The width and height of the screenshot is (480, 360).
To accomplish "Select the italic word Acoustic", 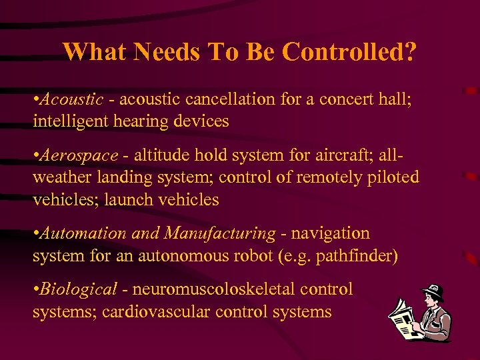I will (x=71, y=99).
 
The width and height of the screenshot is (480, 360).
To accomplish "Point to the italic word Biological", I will (x=79, y=289).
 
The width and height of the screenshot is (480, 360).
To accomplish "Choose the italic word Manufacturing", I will (x=219, y=233).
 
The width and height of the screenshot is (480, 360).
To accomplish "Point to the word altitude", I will (x=161, y=155).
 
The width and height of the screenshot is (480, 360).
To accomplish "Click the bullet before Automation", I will (x=35, y=234).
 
